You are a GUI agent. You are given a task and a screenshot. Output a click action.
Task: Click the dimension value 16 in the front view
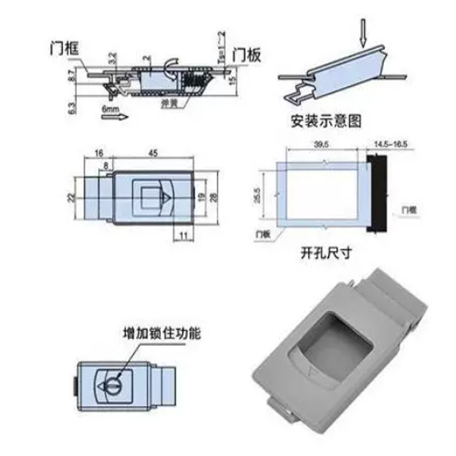click(x=98, y=153)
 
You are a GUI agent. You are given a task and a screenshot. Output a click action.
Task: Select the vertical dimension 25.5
click(x=258, y=196)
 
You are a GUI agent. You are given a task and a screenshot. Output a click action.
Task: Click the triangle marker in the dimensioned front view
click(x=166, y=198)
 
